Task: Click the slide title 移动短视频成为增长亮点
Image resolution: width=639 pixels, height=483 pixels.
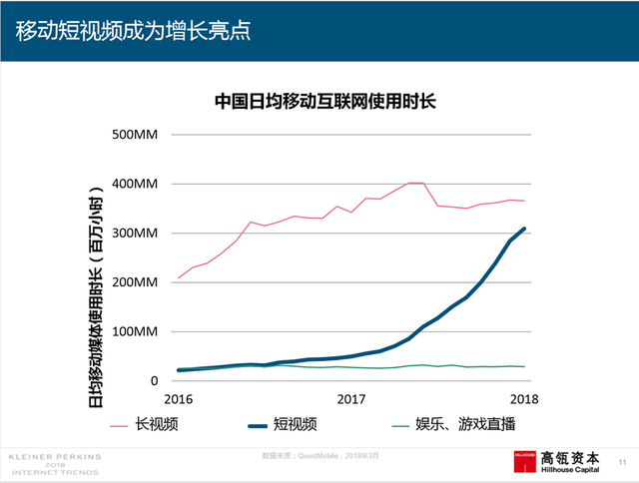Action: click(132, 30)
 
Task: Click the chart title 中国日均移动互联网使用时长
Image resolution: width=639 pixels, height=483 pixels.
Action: click(326, 101)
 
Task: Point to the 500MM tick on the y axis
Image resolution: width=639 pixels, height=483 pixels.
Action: click(136, 135)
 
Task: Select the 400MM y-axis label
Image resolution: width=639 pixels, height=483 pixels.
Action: click(136, 185)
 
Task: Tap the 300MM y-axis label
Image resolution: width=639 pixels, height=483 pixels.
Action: click(136, 234)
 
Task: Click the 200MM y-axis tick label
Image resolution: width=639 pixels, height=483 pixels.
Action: click(136, 282)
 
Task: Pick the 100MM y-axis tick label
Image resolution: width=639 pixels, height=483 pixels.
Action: click(136, 331)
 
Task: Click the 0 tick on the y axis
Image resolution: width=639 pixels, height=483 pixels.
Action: click(154, 381)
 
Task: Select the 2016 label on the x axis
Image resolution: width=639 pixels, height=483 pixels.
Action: click(179, 399)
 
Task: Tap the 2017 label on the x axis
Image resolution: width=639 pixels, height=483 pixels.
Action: click(351, 399)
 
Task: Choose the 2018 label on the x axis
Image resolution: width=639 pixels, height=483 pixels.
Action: click(524, 399)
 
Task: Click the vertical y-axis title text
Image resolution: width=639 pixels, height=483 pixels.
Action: click(96, 289)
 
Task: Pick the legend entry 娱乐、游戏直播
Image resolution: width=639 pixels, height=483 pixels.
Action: click(467, 425)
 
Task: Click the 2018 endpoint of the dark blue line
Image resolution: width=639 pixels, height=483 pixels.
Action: click(524, 229)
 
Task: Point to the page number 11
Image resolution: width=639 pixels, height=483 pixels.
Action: click(623, 462)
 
